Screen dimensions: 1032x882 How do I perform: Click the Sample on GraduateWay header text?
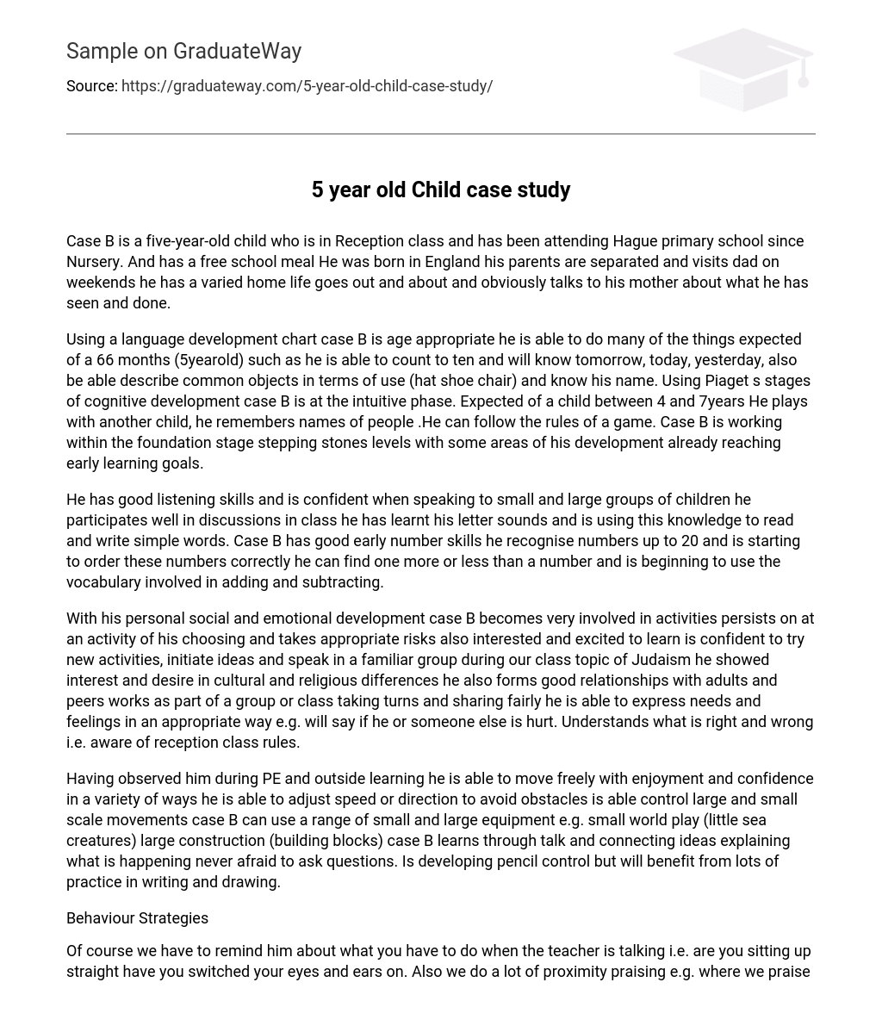[x=183, y=52]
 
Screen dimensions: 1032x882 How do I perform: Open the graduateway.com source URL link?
[x=307, y=86]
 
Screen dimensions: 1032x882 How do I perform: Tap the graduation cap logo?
[x=743, y=69]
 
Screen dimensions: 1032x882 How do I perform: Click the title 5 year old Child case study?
[x=440, y=190]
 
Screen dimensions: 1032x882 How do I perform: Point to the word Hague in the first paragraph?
[x=636, y=241]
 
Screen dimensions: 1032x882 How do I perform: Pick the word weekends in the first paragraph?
[x=98, y=283]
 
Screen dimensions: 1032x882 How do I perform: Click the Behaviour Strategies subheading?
[x=137, y=918]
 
